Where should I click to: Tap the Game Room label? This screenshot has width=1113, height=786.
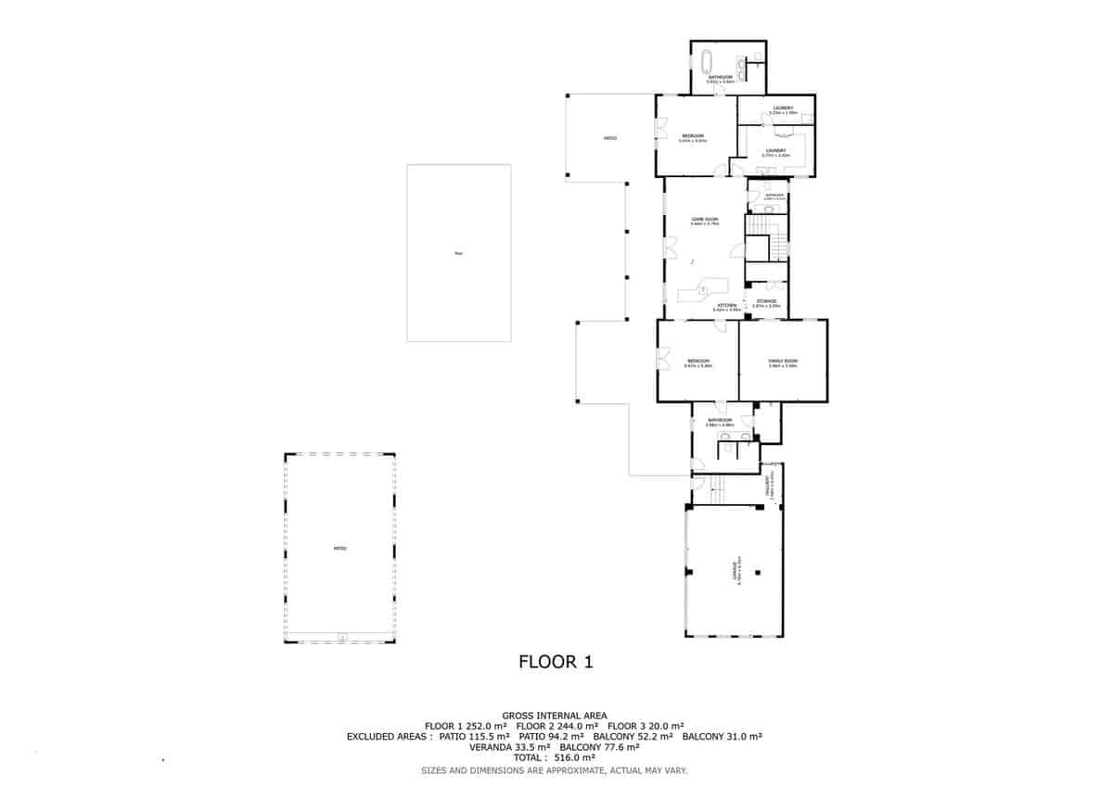705,220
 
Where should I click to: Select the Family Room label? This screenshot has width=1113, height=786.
783,361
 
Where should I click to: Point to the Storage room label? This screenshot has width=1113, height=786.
766,301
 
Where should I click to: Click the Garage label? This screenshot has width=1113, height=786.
735,569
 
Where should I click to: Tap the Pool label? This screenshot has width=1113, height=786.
458,252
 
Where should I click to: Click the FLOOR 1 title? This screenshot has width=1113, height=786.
555,662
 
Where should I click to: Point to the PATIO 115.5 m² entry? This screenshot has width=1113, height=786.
473,737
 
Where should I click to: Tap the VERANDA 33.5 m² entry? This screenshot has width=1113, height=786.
510,747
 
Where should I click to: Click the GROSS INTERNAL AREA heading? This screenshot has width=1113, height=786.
555,716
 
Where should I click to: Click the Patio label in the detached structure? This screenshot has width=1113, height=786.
339,549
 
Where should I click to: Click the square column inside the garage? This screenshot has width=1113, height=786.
758,572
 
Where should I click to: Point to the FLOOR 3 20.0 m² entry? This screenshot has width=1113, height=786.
646,726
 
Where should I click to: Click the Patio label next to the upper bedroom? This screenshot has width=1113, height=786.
610,138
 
